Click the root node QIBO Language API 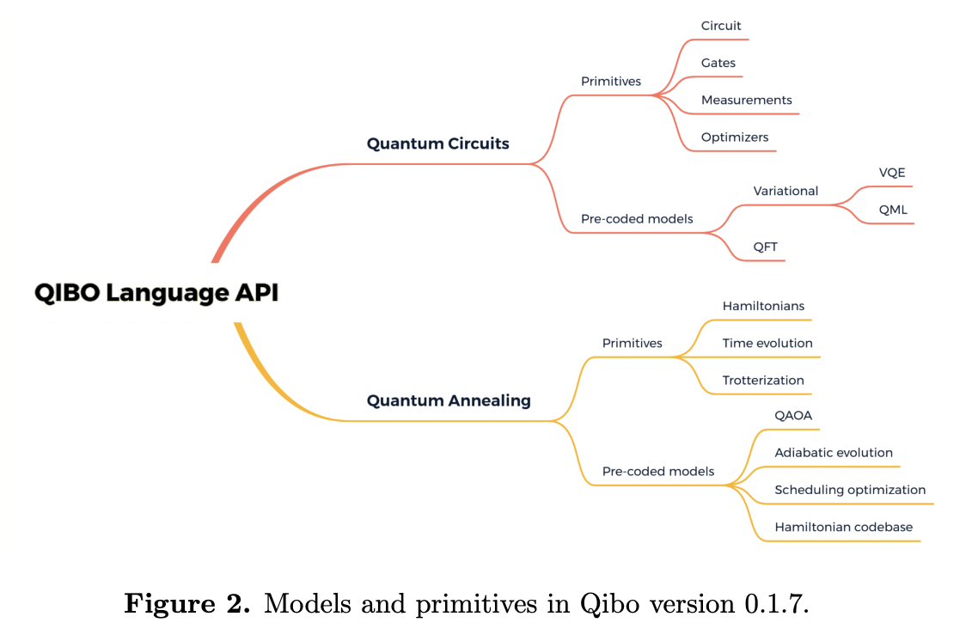pos(156,293)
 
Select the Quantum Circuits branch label pos(437,143)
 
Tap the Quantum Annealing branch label pos(449,400)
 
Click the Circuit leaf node pos(721,26)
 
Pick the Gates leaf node pos(718,63)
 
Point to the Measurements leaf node pos(746,100)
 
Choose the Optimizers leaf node pos(735,137)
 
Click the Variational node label pos(785,191)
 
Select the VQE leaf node pos(891,173)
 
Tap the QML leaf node pos(893,210)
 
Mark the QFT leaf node pos(765,247)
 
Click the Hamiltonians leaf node pos(763,306)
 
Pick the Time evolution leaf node pos(767,343)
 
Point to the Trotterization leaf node pos(763,380)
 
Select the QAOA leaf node pos(793,415)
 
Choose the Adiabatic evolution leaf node pos(833,452)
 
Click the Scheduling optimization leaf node pos(850,490)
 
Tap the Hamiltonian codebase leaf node pos(843,527)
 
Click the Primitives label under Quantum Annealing pos(632,343)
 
